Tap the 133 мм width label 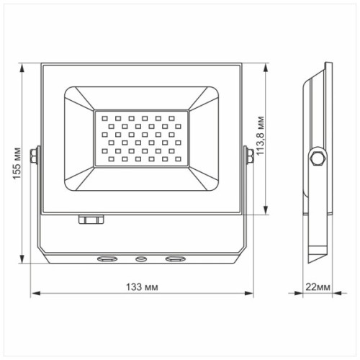coord(141,287)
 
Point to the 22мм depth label coord(318,287)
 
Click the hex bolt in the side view coord(317,158)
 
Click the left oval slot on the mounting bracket coord(107,257)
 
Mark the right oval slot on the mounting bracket coord(174,257)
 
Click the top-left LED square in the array coord(105,114)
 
